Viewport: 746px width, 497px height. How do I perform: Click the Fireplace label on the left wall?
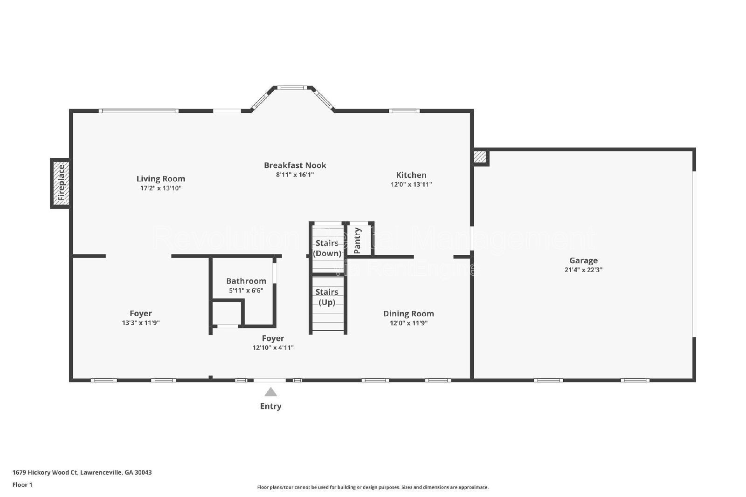point(61,183)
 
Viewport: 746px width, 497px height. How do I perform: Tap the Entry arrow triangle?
point(270,392)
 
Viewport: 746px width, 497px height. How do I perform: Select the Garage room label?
point(583,260)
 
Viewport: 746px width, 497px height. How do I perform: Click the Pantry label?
point(358,240)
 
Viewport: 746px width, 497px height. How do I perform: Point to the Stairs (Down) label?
point(327,248)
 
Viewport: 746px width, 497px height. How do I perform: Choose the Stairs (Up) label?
point(326,297)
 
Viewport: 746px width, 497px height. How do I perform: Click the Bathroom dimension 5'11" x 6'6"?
point(246,290)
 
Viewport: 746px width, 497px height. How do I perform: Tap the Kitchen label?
point(411,175)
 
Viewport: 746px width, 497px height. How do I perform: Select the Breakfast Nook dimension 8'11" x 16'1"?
point(295,175)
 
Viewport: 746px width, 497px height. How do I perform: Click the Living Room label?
point(160,178)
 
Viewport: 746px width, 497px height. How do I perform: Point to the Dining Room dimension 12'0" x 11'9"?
point(408,323)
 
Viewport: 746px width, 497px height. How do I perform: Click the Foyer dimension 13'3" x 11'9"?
point(141,323)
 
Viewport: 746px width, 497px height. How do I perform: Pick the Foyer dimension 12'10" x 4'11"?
point(273,347)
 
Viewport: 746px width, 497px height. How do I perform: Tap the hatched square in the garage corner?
point(480,157)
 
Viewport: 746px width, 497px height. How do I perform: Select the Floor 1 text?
point(22,484)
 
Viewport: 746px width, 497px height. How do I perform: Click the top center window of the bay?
point(292,88)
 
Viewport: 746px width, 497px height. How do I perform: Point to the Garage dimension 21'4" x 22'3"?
point(583,270)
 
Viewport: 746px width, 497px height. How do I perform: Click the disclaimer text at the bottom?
point(373,487)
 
